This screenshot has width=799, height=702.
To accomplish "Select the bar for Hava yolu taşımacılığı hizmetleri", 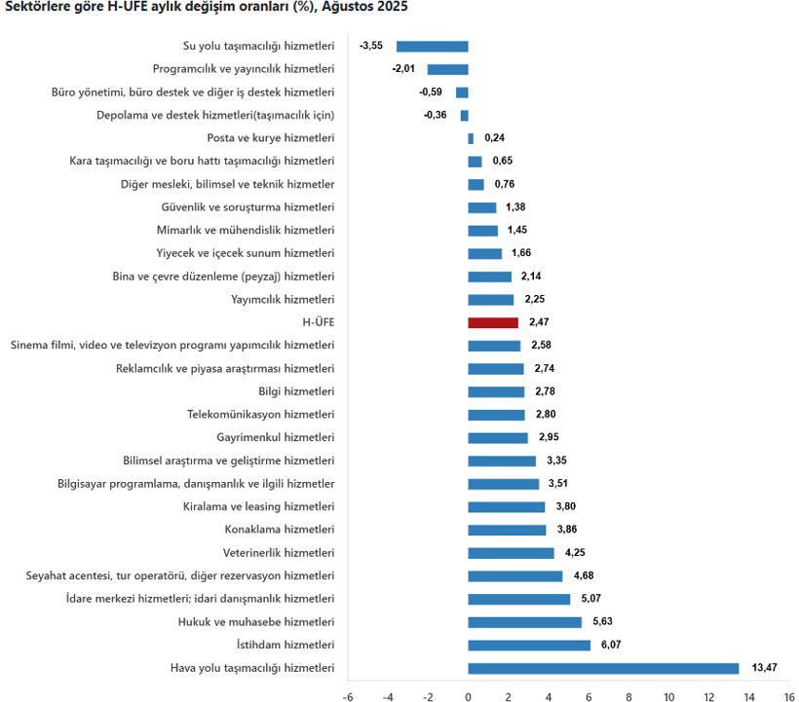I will (603, 668).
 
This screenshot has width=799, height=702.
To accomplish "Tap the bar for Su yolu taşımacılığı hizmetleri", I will (432, 46).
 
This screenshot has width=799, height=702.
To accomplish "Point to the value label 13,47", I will (765, 668).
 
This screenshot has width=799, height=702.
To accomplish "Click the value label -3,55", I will (371, 46).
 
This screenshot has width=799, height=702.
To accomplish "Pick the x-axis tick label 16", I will (788, 696).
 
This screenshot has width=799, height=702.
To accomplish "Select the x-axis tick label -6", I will (348, 696).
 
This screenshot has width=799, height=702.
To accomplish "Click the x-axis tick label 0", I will (468, 696).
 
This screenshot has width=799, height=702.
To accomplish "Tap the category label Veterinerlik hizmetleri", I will (279, 553).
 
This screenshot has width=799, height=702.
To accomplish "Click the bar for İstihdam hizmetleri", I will (529, 645).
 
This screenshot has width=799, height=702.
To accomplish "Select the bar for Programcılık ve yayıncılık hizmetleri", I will (447, 69).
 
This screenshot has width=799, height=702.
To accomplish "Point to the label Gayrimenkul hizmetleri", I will (276, 437).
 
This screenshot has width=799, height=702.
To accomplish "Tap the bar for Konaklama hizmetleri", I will (507, 530).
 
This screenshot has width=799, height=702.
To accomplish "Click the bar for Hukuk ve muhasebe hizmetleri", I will (524, 622).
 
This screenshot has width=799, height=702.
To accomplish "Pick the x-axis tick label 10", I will (668, 696).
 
